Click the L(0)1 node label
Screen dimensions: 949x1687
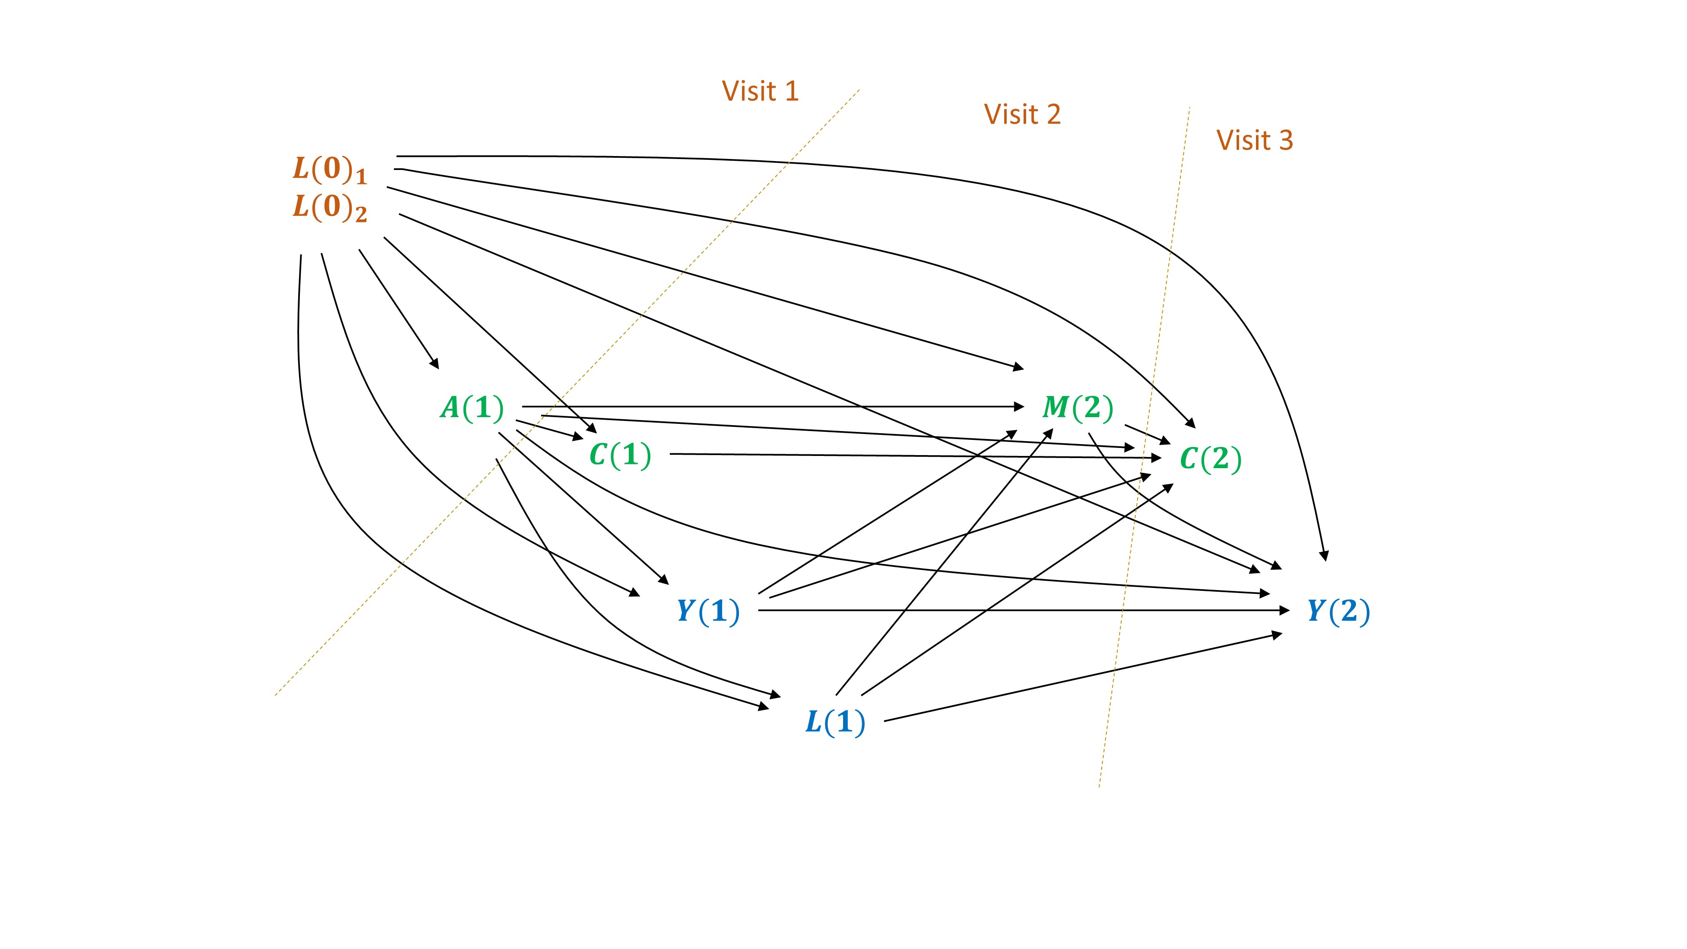329,170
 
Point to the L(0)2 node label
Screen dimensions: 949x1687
329,208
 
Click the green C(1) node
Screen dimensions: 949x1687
620,455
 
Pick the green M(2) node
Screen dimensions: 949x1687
1077,408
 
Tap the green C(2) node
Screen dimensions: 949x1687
1210,459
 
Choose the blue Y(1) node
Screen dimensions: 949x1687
708,611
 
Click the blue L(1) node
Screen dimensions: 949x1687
835,723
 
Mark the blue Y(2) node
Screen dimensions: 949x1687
1338,611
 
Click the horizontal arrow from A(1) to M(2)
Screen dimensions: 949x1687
773,407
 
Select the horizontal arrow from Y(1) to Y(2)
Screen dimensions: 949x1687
1021,610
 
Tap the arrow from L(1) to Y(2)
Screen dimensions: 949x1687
1081,678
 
